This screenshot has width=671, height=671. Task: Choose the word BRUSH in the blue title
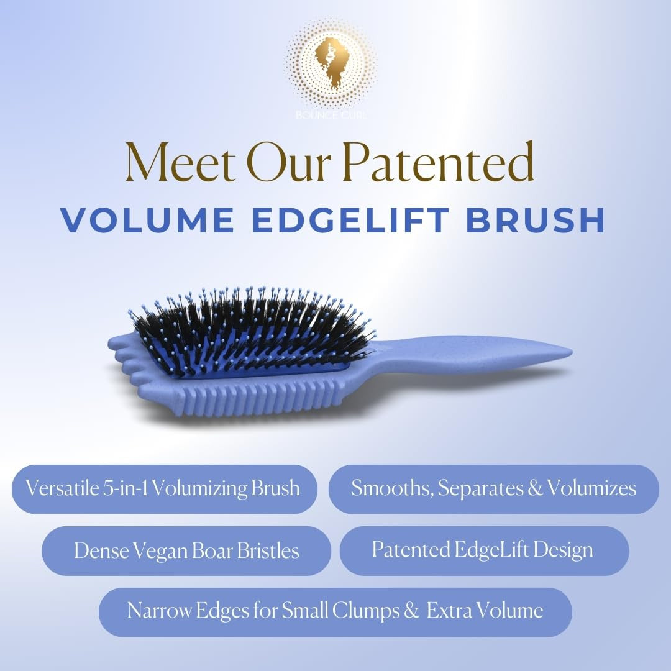coord(535,220)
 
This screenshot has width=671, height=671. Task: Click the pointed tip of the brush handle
coord(570,352)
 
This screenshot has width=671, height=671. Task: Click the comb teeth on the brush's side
coord(257,399)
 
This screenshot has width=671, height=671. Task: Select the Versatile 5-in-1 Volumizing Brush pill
coord(164,489)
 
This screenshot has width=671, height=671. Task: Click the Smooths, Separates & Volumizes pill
coord(493,489)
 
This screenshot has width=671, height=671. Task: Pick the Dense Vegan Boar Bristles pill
coord(186,550)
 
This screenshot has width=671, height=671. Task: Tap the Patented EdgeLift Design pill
coord(484,550)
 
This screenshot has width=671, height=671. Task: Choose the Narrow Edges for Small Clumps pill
coord(335,612)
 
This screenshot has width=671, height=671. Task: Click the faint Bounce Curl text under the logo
coord(331,115)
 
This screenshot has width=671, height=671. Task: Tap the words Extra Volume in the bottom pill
coord(485,611)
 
